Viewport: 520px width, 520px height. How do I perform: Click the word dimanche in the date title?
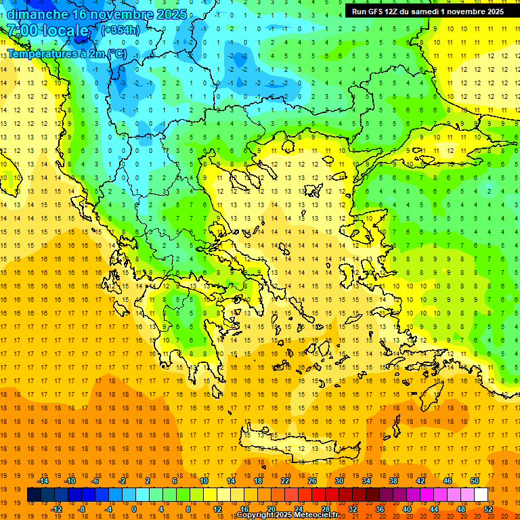pyautogui.click(x=37, y=14)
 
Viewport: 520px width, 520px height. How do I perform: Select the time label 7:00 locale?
pyautogui.click(x=47, y=31)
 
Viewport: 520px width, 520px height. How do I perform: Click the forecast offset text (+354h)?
pyautogui.click(x=121, y=30)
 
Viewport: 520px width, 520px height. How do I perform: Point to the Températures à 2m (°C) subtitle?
pyautogui.click(x=66, y=53)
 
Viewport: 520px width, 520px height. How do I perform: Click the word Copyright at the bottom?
pyautogui.click(x=256, y=515)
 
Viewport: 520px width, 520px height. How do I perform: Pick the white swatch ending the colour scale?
pyautogui.click(x=481, y=495)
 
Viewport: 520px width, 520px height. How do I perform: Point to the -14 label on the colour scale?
pyautogui.click(x=43, y=481)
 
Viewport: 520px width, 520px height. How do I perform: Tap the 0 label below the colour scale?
pyautogui.click(x=133, y=509)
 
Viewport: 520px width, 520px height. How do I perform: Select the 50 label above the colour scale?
pyautogui.click(x=474, y=481)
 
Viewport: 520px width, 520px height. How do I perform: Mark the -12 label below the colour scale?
pyautogui.click(x=56, y=509)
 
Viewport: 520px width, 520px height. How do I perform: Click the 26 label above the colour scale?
pyautogui.click(x=311, y=481)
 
